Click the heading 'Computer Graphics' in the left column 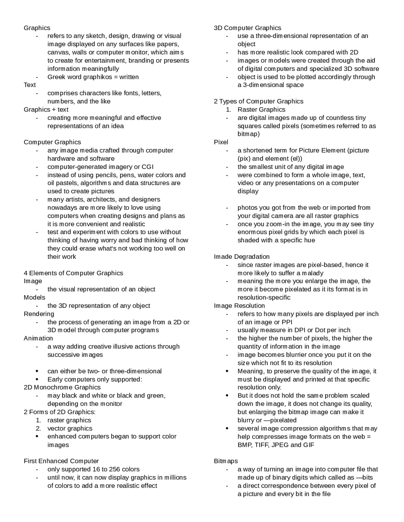click(52, 142)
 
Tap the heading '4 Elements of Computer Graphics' click(73, 273)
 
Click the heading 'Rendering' click(39, 314)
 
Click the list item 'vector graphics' click(70, 428)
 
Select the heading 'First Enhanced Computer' click(61, 461)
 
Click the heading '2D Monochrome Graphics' click(62, 387)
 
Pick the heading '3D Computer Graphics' click(247, 28)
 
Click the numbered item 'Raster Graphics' click(261, 109)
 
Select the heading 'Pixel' click(221, 142)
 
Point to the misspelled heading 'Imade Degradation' click(242, 257)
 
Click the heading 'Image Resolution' click(239, 306)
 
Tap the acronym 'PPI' click(287, 322)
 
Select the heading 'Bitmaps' click(226, 461)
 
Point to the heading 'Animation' click(38, 338)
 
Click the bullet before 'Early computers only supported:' click(38, 379)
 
